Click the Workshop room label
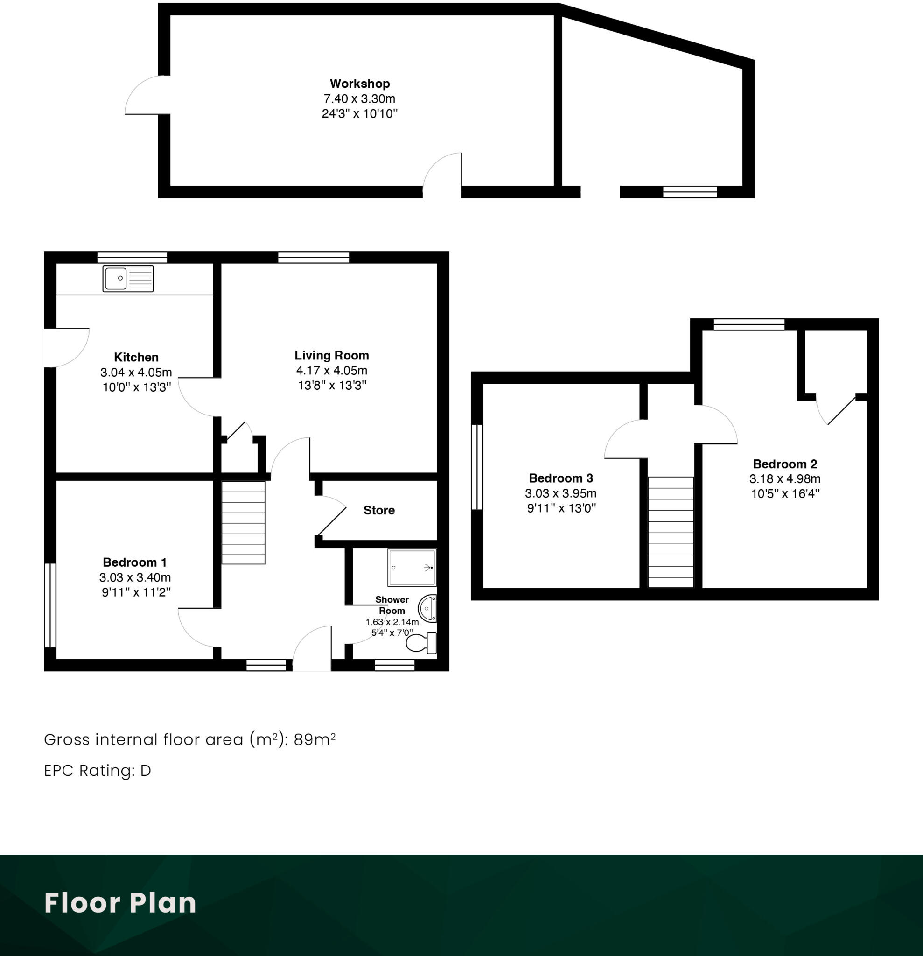tap(359, 84)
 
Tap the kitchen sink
tap(128, 279)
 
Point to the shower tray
tap(412, 567)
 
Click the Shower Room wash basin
tap(427, 608)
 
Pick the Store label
tap(379, 510)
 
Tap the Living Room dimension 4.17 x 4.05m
tap(332, 370)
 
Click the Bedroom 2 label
tap(785, 464)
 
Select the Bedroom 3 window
tap(477, 467)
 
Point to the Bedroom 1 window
tap(50, 605)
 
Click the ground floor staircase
tap(243, 522)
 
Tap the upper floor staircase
tap(671, 532)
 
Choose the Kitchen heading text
tap(136, 357)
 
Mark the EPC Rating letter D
tap(146, 771)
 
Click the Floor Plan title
tap(120, 903)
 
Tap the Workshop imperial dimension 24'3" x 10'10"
tap(359, 113)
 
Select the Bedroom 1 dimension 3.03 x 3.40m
tap(135, 577)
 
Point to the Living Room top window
tap(314, 257)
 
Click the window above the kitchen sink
tap(132, 257)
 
